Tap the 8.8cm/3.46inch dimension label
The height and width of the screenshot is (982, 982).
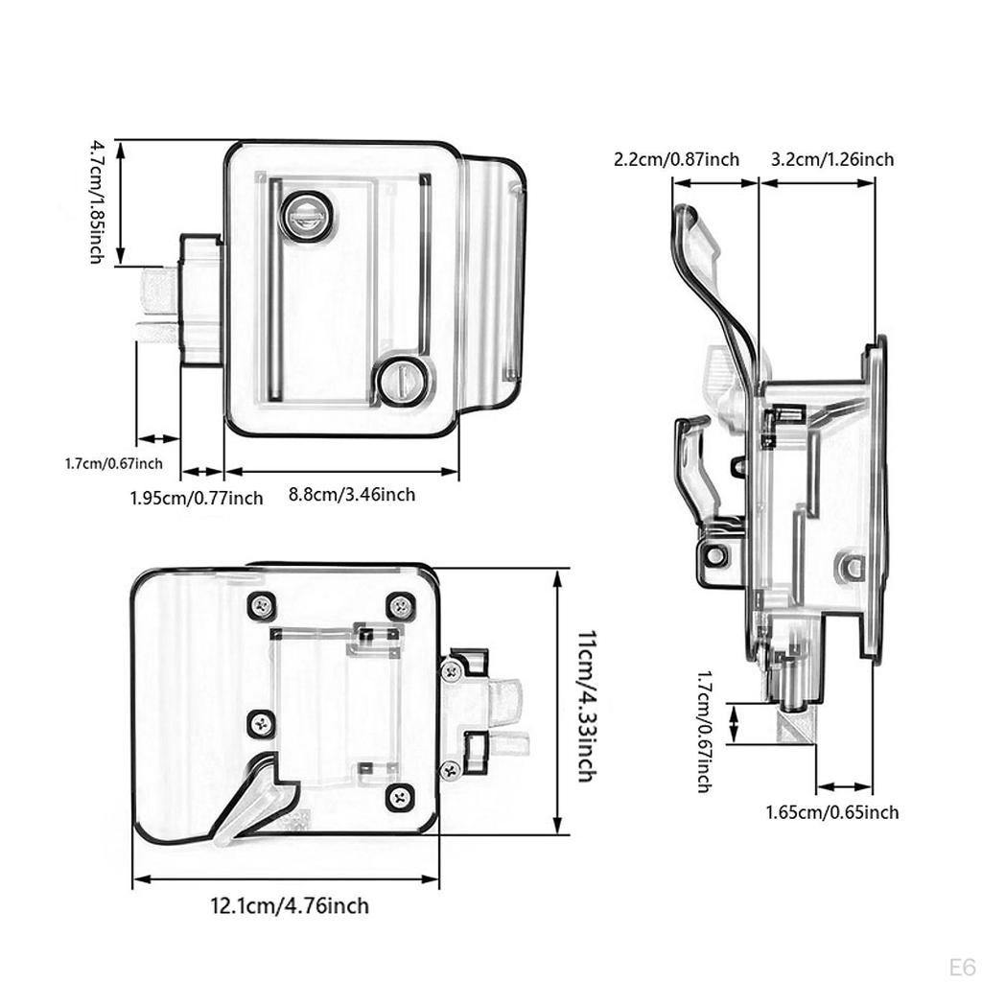point(352,495)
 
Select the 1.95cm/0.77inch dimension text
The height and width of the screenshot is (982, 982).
point(196,498)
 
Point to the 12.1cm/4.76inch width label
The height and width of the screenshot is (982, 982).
point(290,905)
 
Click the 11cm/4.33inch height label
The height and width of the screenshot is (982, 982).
point(584,705)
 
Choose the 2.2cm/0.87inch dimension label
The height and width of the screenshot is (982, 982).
point(676,159)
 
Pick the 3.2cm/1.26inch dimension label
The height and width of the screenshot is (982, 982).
point(831,159)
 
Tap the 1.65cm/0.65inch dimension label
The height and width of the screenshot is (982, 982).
point(831,812)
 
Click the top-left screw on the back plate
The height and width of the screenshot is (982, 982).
point(262,605)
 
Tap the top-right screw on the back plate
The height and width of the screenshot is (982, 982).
point(400,605)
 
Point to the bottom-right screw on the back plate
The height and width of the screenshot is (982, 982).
point(400,795)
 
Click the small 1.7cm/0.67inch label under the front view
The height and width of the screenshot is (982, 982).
point(113,464)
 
